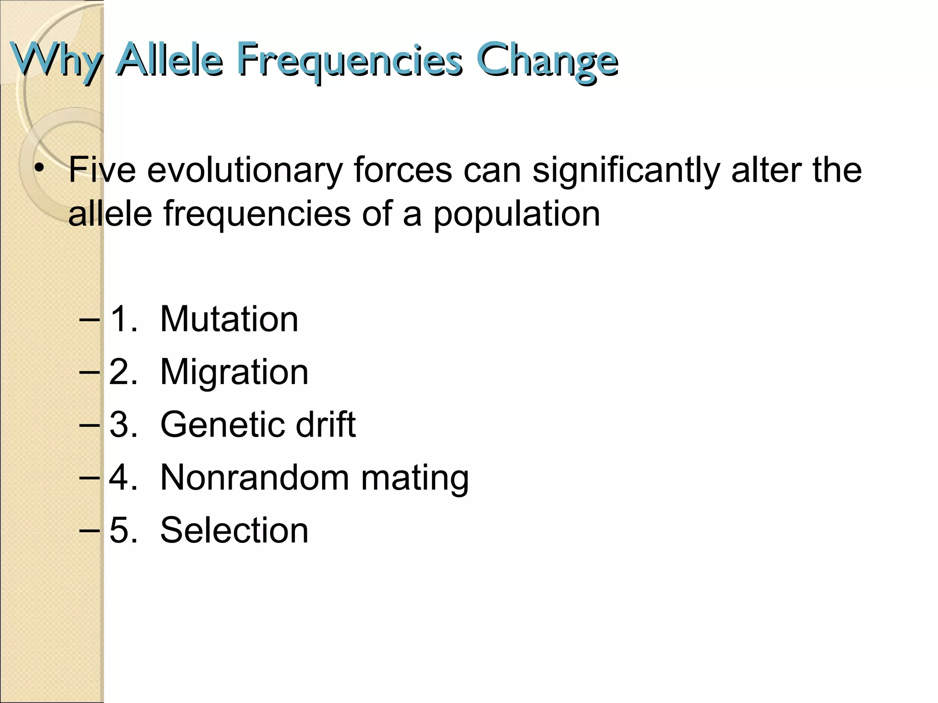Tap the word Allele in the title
(x=169, y=59)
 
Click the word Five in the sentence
(x=102, y=170)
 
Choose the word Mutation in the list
(x=229, y=319)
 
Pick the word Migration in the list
(x=234, y=372)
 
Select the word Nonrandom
(x=254, y=478)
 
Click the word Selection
(x=234, y=530)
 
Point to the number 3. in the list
(x=123, y=425)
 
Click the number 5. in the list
(x=123, y=530)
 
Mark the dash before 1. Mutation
(x=89, y=319)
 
